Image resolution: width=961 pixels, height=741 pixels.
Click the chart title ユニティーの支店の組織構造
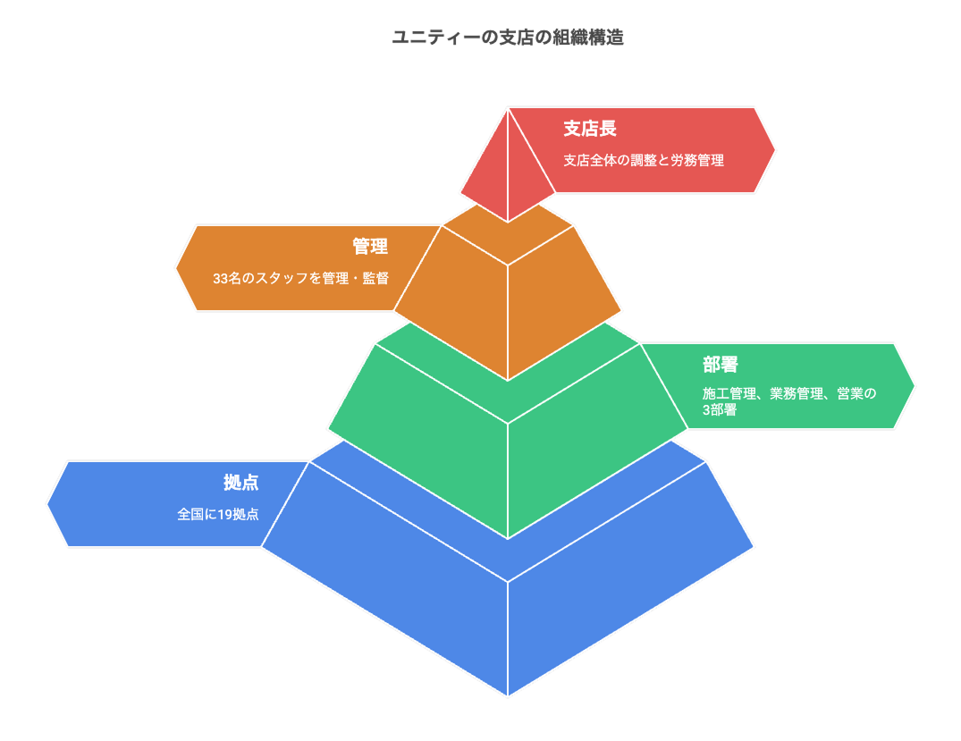(x=508, y=38)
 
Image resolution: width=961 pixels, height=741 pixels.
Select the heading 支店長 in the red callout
(x=589, y=129)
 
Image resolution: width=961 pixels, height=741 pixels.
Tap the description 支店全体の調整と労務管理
(x=643, y=161)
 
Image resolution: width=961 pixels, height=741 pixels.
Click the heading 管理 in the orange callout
(x=369, y=247)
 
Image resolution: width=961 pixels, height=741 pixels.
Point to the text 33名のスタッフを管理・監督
(x=300, y=278)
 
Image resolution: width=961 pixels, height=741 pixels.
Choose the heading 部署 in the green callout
(x=720, y=365)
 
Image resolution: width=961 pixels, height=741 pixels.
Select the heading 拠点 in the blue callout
(x=240, y=483)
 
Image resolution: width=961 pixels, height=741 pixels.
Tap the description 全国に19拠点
(x=218, y=514)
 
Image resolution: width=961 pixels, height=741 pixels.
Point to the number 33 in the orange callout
(x=220, y=278)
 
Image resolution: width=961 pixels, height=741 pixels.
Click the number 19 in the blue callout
(x=224, y=514)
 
